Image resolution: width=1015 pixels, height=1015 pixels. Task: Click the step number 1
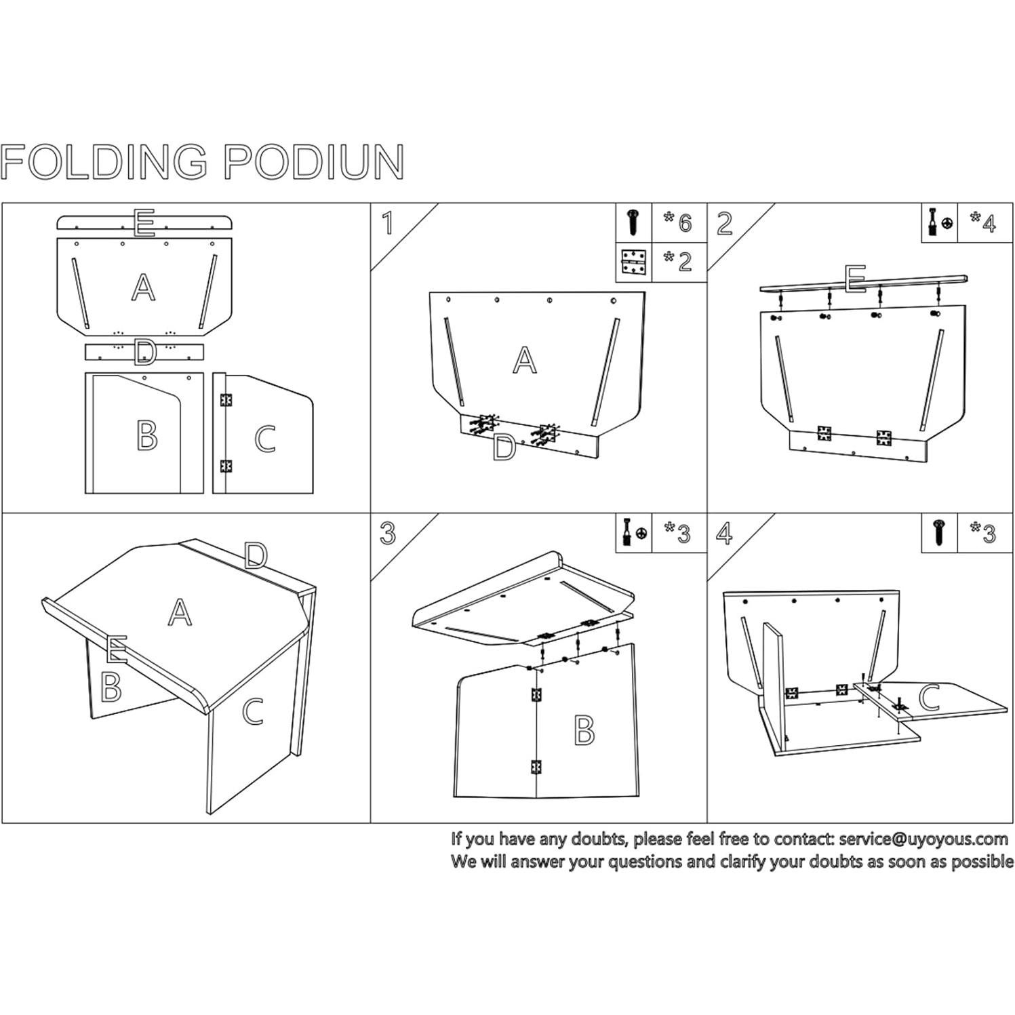[387, 222]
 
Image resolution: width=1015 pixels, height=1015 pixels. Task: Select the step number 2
[724, 222]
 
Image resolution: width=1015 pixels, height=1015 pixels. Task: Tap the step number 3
[387, 534]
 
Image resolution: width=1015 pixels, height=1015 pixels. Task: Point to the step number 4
[724, 534]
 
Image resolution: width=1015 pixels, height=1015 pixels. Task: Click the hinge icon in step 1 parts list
[633, 263]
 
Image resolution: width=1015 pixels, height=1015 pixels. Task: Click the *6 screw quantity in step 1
[678, 222]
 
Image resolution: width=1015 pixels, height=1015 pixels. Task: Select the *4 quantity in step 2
[982, 222]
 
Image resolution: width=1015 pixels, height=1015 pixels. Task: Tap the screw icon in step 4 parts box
[938, 533]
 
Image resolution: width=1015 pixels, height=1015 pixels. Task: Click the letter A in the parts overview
[143, 287]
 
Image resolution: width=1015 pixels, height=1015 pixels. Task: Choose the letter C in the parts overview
[264, 439]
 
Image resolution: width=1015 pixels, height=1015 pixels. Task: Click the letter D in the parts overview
[144, 353]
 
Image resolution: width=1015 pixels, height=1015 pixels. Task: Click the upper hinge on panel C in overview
[226, 400]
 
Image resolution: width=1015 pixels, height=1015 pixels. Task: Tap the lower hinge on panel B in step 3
[536, 767]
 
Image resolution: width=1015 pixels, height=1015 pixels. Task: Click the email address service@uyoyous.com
[923, 839]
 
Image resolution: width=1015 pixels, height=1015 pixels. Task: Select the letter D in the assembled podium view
[255, 556]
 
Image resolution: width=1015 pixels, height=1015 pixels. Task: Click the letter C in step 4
[930, 698]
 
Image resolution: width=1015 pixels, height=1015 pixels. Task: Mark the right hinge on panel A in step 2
[883, 437]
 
